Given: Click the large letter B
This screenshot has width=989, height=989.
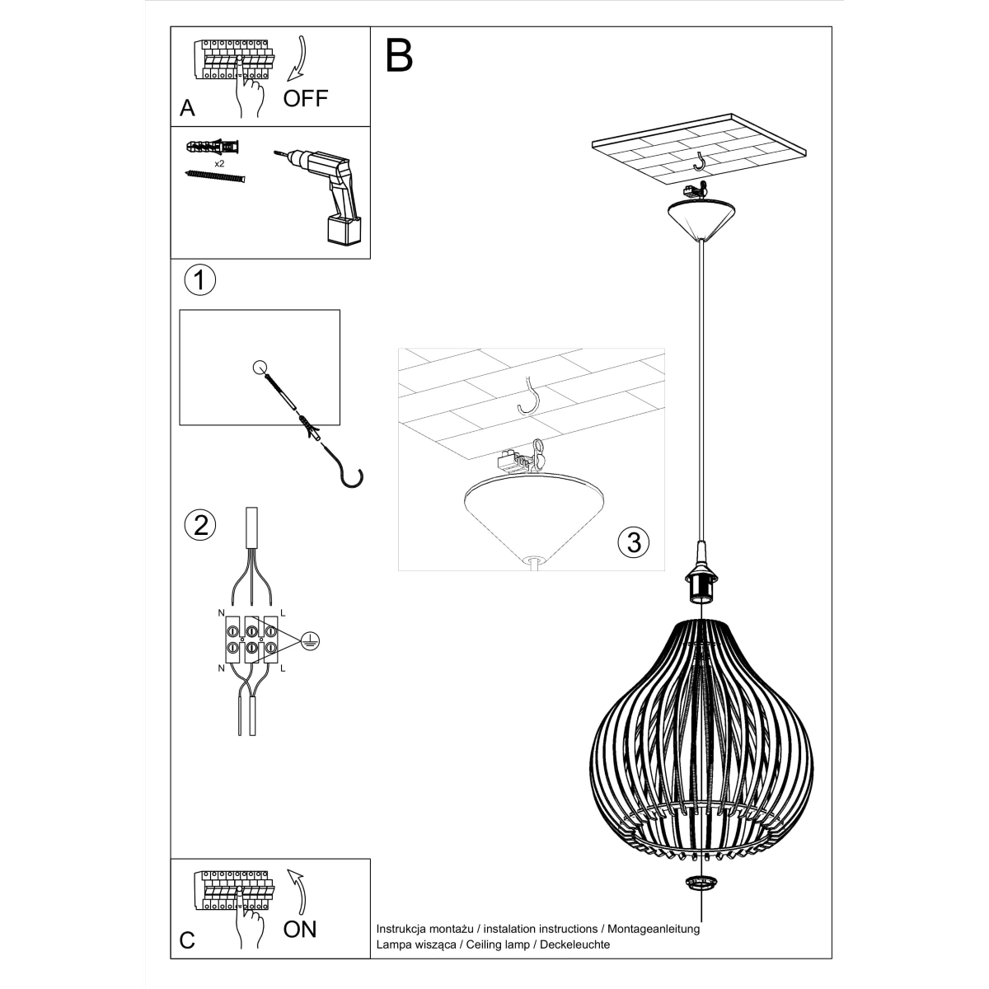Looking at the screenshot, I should [x=399, y=55].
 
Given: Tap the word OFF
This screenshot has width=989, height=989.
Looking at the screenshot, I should [x=305, y=99].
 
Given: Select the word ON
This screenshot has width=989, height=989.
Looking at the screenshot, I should [x=300, y=930].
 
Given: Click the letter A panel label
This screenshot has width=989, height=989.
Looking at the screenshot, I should [x=187, y=109].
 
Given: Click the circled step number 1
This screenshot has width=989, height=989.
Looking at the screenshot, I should [x=199, y=281].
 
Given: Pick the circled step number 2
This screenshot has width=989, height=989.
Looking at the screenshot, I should [x=200, y=525].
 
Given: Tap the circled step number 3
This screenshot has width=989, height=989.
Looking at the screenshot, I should [x=633, y=541].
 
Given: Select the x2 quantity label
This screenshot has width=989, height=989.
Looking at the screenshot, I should [x=220, y=164].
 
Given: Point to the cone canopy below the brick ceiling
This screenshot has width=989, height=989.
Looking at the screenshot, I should [x=701, y=219].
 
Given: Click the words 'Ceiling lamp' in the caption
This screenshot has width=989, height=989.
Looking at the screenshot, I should [x=496, y=944].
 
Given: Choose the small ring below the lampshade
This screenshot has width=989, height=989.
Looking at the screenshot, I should [x=701, y=884].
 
